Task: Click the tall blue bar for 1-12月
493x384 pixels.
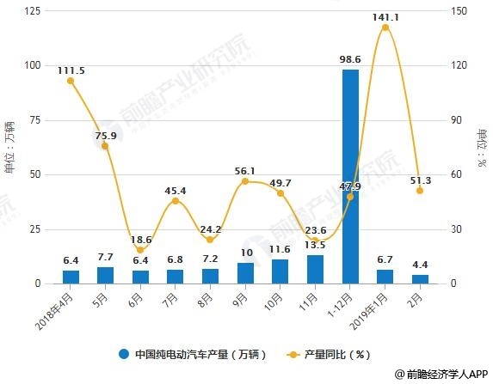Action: click(350, 176)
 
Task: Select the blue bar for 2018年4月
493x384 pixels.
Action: click(71, 277)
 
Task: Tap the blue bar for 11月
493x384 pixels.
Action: click(315, 269)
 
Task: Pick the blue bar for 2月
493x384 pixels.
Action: click(420, 278)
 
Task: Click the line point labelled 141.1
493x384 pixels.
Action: click(385, 27)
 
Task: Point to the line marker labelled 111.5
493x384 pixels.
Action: click(71, 81)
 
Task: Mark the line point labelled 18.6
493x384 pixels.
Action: click(140, 250)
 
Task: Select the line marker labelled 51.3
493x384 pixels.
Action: click(420, 191)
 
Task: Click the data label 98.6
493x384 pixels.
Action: click(350, 59)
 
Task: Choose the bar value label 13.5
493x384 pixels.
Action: click(315, 246)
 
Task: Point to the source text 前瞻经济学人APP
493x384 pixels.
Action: click(441, 375)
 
